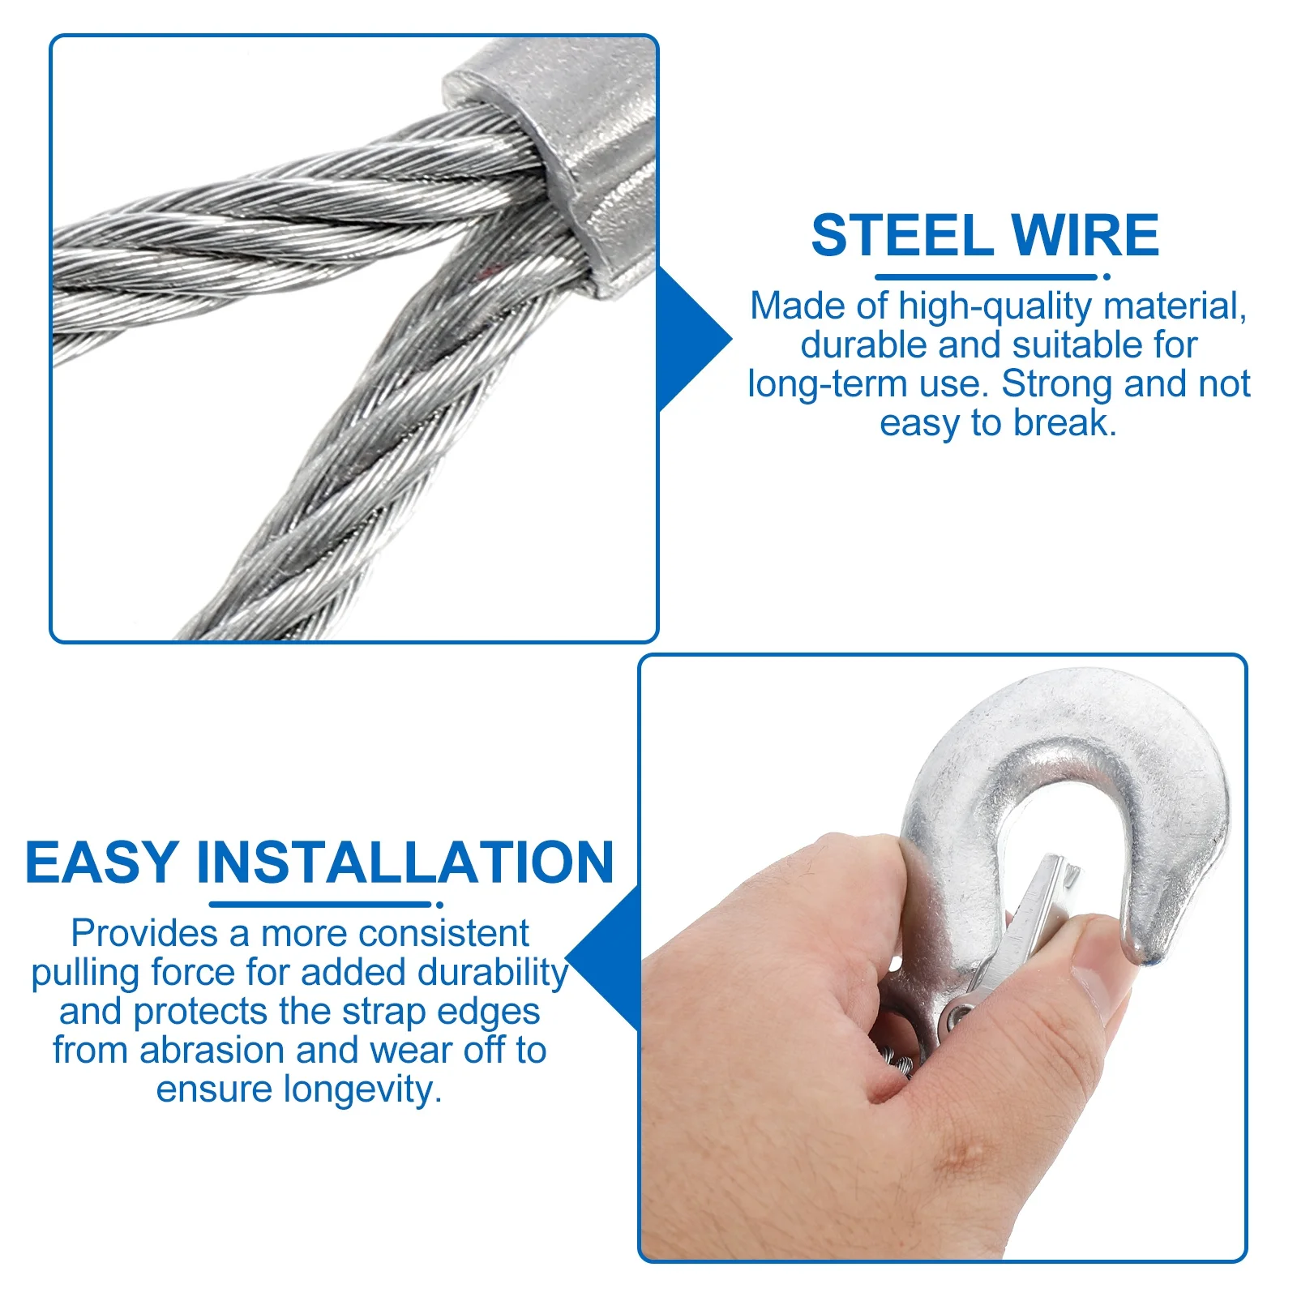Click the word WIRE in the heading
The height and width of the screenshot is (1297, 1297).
[x=1085, y=236]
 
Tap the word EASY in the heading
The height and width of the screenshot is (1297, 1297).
[x=101, y=862]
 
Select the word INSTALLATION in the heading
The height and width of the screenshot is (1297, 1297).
[x=405, y=862]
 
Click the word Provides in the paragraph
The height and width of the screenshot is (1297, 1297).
[x=143, y=934]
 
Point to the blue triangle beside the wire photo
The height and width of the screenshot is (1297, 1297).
[x=689, y=339]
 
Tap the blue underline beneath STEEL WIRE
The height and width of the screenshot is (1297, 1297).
[x=985, y=277]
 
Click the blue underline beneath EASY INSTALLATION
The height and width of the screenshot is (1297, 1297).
[x=320, y=905]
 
